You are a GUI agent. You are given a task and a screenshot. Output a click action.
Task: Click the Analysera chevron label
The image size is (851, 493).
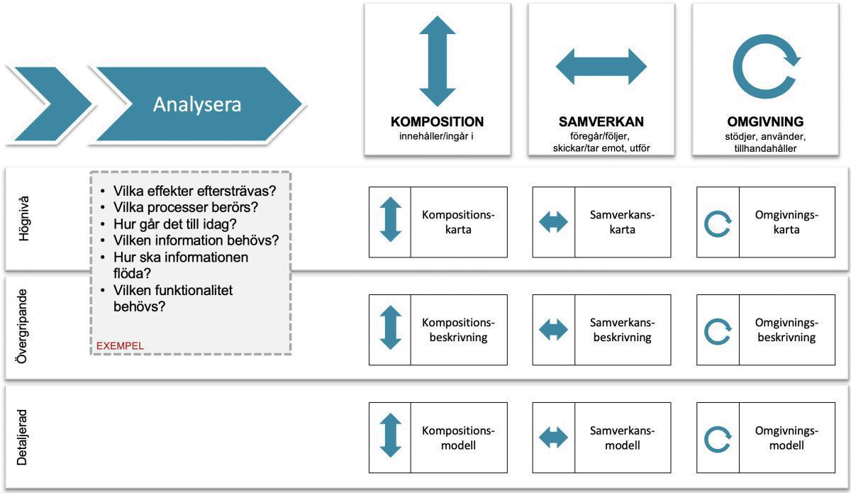[x=197, y=104]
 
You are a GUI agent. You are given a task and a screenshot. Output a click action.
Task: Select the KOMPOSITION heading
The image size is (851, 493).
[x=437, y=121]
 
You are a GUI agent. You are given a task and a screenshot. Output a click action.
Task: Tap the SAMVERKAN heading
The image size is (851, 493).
[x=601, y=121]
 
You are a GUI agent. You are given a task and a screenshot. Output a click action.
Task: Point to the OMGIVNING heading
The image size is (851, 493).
[x=765, y=121]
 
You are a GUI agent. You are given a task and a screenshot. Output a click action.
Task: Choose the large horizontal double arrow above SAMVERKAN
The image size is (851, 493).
[x=601, y=67]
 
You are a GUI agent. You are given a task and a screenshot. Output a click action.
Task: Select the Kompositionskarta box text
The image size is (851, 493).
[x=458, y=222]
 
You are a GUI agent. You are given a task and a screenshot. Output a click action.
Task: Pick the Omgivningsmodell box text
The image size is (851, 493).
[x=787, y=438]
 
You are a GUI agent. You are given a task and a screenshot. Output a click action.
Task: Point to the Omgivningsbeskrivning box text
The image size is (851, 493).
[x=787, y=330]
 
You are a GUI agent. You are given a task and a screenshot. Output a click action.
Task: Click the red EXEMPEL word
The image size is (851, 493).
[x=120, y=345]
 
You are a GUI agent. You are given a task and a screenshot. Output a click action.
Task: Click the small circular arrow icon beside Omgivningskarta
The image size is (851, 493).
[x=717, y=223]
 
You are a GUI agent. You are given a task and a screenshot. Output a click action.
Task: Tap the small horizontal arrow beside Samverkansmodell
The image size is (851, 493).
[x=553, y=438]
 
